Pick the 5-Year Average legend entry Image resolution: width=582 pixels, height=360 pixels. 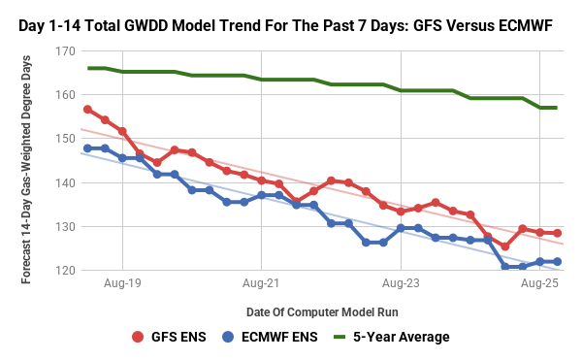[x=393, y=337]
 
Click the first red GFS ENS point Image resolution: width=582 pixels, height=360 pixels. [x=87, y=110]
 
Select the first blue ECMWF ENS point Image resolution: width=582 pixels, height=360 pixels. [x=87, y=148]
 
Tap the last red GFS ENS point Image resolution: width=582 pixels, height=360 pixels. [x=557, y=233]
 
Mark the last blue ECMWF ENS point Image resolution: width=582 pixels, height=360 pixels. [x=557, y=262]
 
